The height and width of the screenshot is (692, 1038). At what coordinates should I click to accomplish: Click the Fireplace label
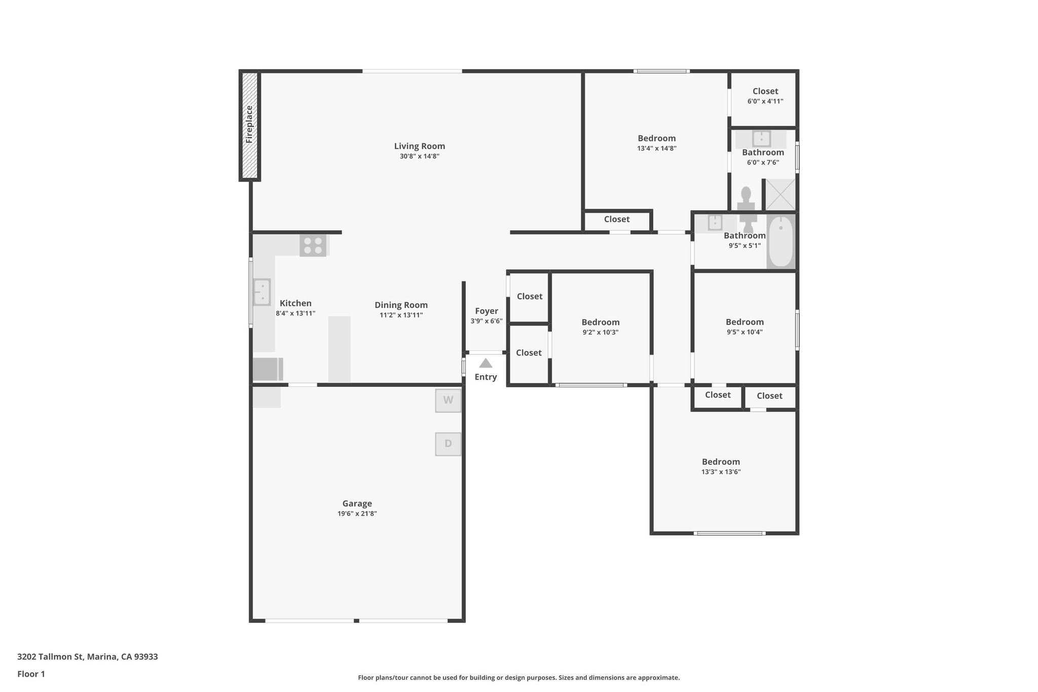point(249,125)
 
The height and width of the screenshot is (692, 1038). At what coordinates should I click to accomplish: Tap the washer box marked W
point(448,400)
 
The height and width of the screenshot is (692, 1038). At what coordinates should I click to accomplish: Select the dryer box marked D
point(448,444)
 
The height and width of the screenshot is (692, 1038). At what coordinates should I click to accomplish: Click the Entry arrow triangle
point(486,363)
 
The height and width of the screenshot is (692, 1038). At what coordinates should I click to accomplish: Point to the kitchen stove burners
point(313,246)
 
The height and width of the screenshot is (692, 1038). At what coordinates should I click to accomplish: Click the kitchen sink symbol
point(262,292)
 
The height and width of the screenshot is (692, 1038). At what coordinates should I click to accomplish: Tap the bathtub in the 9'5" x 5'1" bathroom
point(781,241)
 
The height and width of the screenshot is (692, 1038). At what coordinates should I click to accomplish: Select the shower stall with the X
point(780,195)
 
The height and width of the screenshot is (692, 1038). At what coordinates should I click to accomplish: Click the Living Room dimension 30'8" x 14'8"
point(419,156)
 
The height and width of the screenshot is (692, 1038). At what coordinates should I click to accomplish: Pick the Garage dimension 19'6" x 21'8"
point(357,514)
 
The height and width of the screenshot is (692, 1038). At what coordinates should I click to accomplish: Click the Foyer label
point(486,311)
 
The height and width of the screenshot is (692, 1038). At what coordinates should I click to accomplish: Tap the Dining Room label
point(401,305)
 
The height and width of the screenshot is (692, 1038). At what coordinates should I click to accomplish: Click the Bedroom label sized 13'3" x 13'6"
point(721,461)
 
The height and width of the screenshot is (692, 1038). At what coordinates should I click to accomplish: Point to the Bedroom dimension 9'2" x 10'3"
point(600,333)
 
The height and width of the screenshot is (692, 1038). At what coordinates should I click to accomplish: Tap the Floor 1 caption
point(31,674)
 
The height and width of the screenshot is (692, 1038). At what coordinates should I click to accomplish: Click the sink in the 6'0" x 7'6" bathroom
point(761,138)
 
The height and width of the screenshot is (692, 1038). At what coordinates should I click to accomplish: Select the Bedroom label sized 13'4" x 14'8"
point(656,138)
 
